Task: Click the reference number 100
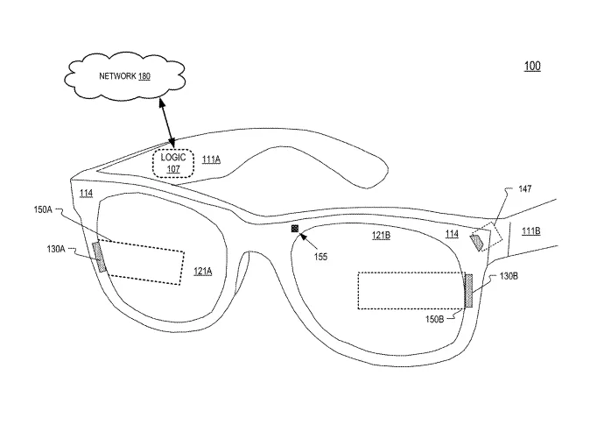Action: (x=532, y=66)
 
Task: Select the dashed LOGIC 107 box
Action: (x=173, y=164)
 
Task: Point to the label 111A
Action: (x=211, y=159)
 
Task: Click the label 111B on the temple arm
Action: (x=530, y=231)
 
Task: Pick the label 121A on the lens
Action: (x=203, y=271)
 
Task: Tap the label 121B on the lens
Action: (x=381, y=235)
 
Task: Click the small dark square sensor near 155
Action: (x=295, y=229)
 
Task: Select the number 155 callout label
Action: (x=320, y=257)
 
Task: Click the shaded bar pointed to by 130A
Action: (x=100, y=257)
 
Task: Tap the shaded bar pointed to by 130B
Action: (x=469, y=290)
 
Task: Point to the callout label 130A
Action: (x=56, y=249)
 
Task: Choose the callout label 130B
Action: (x=509, y=276)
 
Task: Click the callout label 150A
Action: (x=43, y=209)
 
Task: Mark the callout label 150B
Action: (x=434, y=319)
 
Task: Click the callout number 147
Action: (x=525, y=189)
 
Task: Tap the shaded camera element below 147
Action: (x=477, y=241)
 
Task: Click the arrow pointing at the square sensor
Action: (x=308, y=241)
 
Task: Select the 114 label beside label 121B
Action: (x=452, y=234)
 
